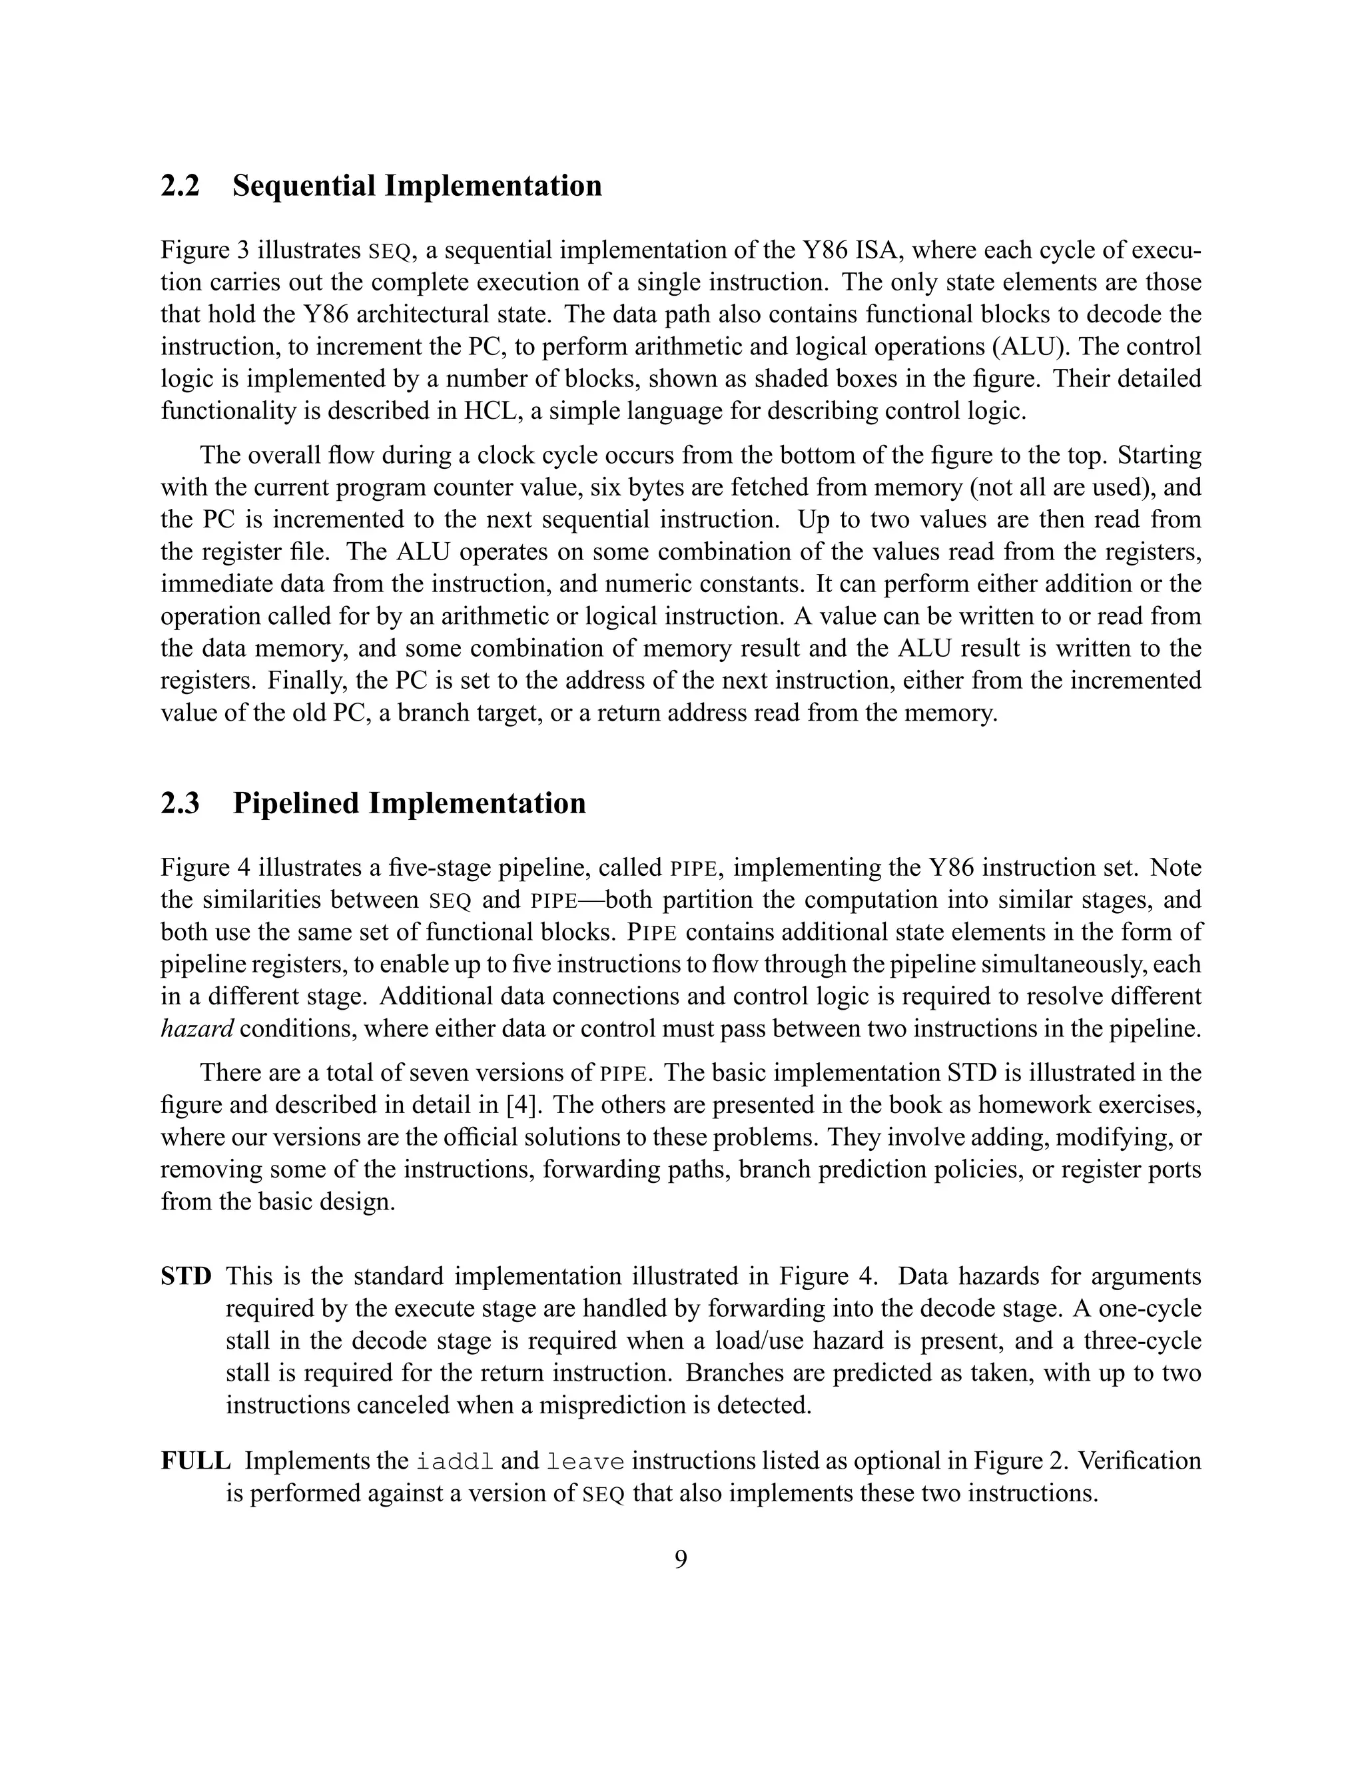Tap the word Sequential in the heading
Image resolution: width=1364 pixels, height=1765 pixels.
coord(303,186)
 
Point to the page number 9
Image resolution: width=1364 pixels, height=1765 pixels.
coord(681,1559)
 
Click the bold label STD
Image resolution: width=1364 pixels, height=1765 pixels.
coord(185,1277)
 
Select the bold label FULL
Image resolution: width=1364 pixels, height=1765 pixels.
coord(196,1461)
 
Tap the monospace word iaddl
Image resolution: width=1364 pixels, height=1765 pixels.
coord(454,1462)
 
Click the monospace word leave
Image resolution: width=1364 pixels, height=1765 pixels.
coord(586,1462)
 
